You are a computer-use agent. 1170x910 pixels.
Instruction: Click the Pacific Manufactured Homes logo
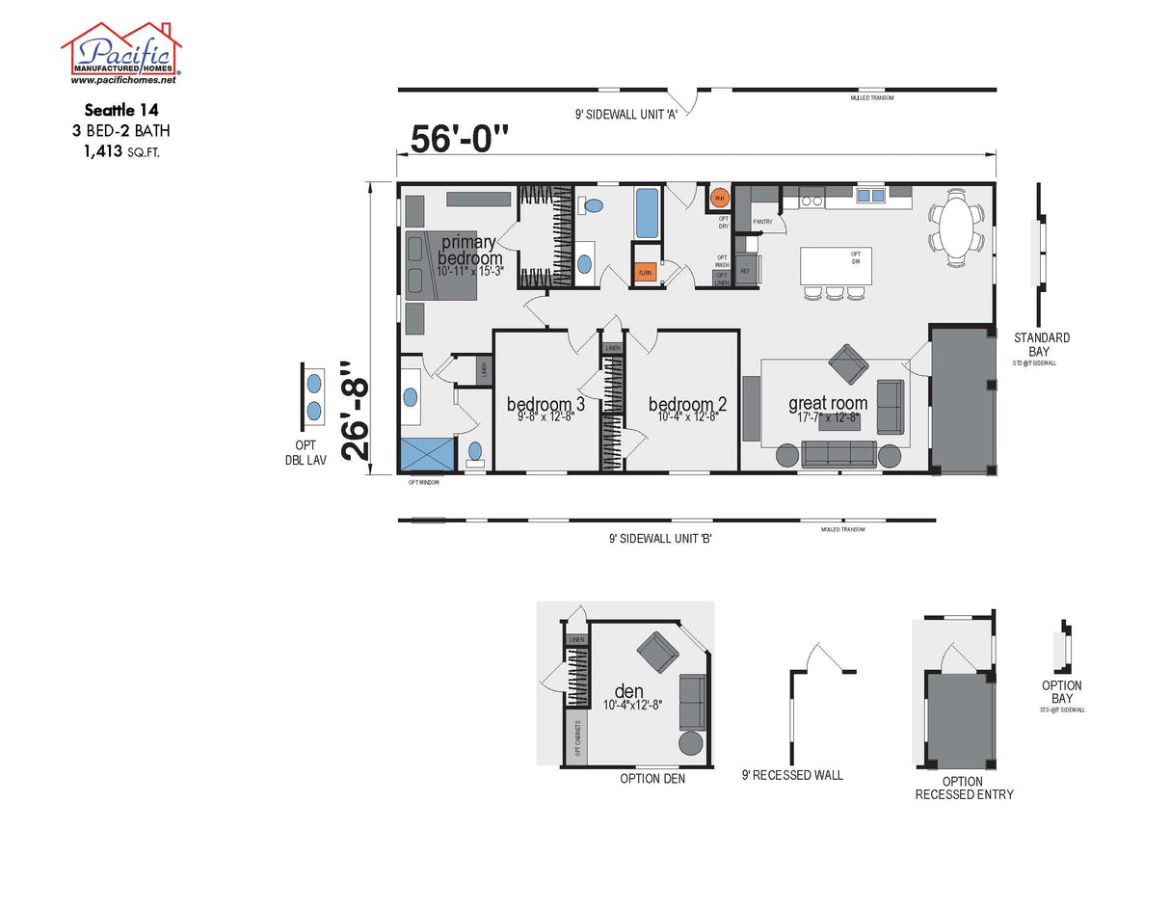(x=121, y=53)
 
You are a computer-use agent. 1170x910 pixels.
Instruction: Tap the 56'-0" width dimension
(x=459, y=139)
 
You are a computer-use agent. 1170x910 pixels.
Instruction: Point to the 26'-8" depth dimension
(x=356, y=413)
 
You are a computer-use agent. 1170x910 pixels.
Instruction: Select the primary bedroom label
(x=469, y=251)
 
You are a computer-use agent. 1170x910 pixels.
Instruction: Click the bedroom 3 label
(x=545, y=405)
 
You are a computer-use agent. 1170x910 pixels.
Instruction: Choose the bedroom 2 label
(x=687, y=405)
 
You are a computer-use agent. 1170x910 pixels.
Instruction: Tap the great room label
(x=828, y=404)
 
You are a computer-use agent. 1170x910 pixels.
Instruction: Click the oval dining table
(x=957, y=227)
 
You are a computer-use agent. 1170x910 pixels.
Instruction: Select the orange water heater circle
(x=719, y=199)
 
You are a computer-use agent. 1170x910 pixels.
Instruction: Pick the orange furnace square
(x=646, y=273)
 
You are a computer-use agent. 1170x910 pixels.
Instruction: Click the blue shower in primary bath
(x=426, y=453)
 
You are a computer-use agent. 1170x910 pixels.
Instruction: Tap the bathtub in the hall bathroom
(x=647, y=212)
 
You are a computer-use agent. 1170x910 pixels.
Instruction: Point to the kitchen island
(x=837, y=265)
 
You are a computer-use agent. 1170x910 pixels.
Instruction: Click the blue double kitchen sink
(x=870, y=196)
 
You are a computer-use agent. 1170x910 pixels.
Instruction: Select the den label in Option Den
(x=629, y=691)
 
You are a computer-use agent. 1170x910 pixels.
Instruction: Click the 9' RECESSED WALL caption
(x=792, y=775)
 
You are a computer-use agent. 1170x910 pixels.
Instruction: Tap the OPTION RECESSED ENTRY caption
(x=964, y=788)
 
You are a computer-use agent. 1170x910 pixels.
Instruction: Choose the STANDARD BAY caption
(x=1042, y=344)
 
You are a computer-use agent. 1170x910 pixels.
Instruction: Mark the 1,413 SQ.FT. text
(x=121, y=150)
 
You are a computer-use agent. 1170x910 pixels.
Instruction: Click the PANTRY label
(x=763, y=222)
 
